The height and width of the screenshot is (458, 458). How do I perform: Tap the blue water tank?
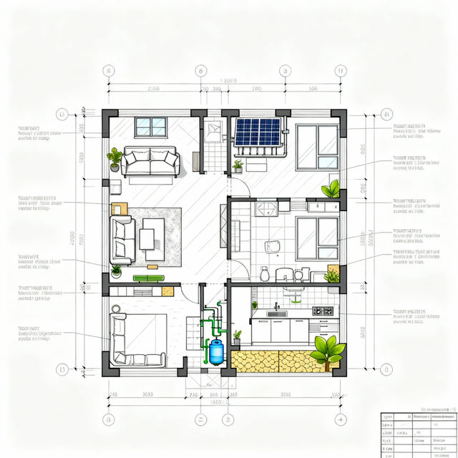point(215,351)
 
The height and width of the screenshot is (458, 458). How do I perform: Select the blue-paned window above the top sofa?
point(151,127)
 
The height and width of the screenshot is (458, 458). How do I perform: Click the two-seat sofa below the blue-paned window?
point(150,161)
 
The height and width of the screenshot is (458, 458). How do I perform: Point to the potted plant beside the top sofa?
point(114,158)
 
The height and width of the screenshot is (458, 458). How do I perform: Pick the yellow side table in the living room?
point(119,208)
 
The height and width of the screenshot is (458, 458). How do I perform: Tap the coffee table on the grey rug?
point(152,235)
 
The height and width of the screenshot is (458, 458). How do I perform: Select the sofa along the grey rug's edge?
point(122,239)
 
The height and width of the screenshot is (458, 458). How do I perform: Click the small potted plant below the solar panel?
point(238,166)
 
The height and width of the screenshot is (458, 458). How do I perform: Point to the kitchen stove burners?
point(323,311)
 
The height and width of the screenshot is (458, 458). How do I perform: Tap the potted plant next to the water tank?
point(237,335)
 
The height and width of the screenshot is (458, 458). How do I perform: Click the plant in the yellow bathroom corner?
point(332,275)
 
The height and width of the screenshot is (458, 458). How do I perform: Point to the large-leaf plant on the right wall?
point(331,189)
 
